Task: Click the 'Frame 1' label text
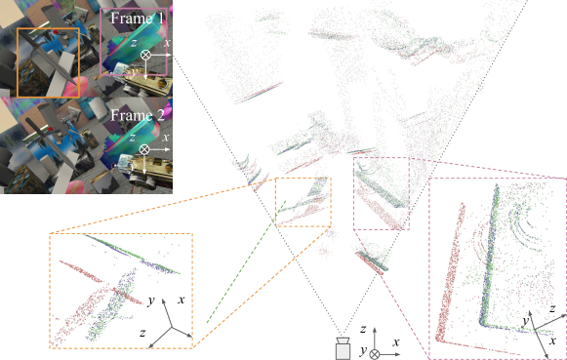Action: pos(137,19)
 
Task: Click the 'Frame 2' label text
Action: pos(138,115)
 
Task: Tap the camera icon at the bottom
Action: pos(343,348)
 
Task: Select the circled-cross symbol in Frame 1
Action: pos(145,55)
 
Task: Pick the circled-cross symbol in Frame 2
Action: pos(144,149)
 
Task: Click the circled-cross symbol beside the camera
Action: pos(375,354)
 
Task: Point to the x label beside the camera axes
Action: pos(396,341)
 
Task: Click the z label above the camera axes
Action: pos(363,329)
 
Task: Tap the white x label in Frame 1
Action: pos(167,42)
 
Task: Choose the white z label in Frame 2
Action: pos(133,138)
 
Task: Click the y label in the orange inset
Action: pos(151,300)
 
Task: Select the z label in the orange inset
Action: pos(142,333)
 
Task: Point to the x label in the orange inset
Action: pos(182,300)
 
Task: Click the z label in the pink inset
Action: pos(552,308)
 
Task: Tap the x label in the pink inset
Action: pos(552,340)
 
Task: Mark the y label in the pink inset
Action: pos(526,321)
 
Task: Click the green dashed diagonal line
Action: pos(246,261)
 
